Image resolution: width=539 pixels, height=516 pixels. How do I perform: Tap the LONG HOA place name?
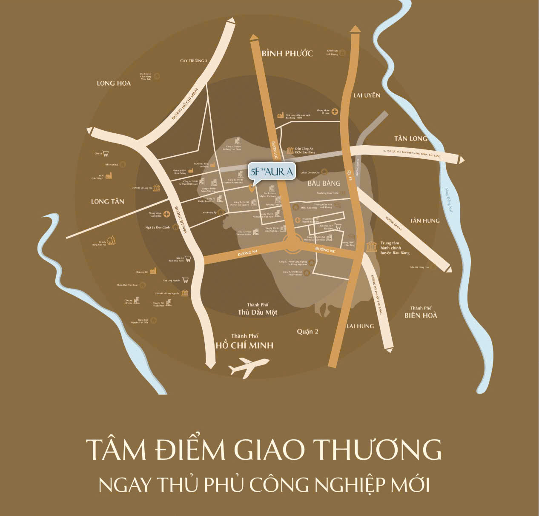pyautogui.click(x=114, y=83)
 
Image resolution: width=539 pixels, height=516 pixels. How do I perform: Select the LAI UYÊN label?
pyautogui.click(x=367, y=95)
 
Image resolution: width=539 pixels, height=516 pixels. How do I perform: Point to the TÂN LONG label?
pyautogui.click(x=410, y=138)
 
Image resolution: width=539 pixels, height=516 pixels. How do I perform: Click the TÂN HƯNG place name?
pyautogui.click(x=424, y=221)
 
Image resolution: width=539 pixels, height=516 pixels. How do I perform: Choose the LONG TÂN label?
pyautogui.click(x=107, y=201)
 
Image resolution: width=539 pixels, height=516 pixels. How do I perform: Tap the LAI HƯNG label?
pyautogui.click(x=360, y=326)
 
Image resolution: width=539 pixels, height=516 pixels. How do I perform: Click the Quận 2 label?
pyautogui.click(x=307, y=331)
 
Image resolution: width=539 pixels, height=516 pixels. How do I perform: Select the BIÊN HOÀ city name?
pyautogui.click(x=421, y=315)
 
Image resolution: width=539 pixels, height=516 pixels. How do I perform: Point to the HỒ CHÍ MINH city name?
pyautogui.click(x=244, y=345)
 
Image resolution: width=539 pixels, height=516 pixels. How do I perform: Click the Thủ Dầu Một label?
pyautogui.click(x=257, y=312)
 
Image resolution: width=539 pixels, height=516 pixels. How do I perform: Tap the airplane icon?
pyautogui.click(x=249, y=367)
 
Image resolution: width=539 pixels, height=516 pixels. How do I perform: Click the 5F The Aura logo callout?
pyautogui.click(x=271, y=172)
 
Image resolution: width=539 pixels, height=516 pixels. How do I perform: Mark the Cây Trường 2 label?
pyautogui.click(x=193, y=61)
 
